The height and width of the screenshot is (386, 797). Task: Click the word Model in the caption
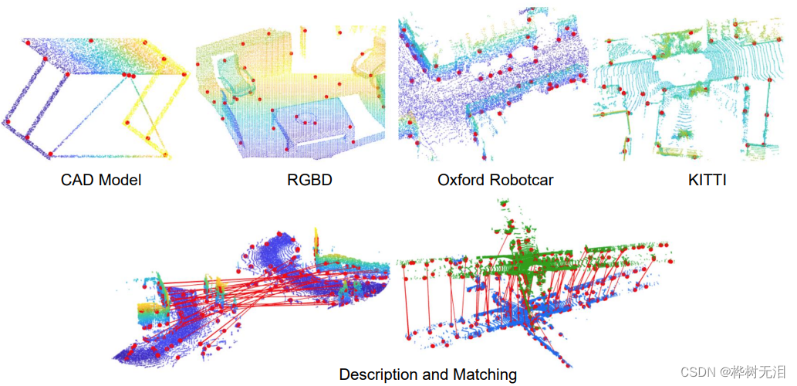pos(119,181)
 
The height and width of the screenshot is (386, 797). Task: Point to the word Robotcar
pos(522,181)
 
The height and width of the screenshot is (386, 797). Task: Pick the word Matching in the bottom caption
pos(485,374)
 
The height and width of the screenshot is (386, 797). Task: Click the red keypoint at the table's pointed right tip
pos(185,75)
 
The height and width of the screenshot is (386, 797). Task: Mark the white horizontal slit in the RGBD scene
pos(320,144)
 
